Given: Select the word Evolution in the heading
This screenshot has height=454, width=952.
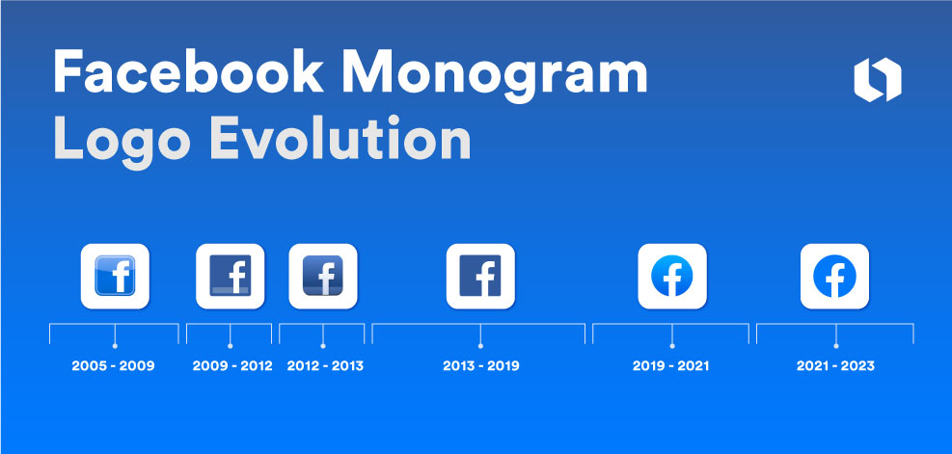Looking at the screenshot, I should pyautogui.click(x=340, y=141).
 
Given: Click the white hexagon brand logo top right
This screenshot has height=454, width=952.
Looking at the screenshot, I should pyautogui.click(x=877, y=80).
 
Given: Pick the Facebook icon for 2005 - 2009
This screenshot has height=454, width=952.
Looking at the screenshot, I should pyautogui.click(x=115, y=277).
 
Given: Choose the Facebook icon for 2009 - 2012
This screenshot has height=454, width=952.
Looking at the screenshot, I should pyautogui.click(x=230, y=277).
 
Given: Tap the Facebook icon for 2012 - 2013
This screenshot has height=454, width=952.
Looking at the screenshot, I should pyautogui.click(x=323, y=277).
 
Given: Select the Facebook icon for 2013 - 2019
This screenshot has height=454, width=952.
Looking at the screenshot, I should pyautogui.click(x=480, y=277).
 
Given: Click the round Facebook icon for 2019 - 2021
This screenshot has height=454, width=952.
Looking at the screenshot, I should pyautogui.click(x=671, y=277).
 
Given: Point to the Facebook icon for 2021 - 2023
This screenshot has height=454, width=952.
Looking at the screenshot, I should pyautogui.click(x=835, y=277).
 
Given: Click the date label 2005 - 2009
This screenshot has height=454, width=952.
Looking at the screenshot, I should pyautogui.click(x=114, y=366).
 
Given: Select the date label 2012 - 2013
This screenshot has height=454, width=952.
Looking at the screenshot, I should pyautogui.click(x=325, y=366).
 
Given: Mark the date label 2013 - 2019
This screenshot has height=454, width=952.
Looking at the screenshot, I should pyautogui.click(x=481, y=366).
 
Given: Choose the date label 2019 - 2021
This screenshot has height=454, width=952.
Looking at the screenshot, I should pyautogui.click(x=671, y=366).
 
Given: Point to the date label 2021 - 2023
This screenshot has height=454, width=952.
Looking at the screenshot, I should pyautogui.click(x=835, y=366).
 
